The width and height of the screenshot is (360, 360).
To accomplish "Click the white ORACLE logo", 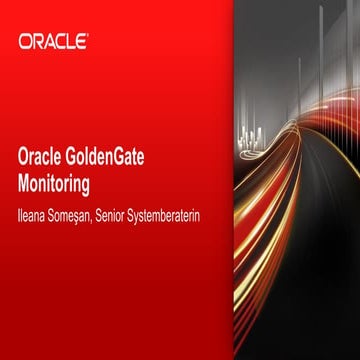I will coord(53,42).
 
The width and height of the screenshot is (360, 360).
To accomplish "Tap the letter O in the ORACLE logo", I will coord(25,42).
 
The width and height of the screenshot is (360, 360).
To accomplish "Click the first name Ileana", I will coord(36,212).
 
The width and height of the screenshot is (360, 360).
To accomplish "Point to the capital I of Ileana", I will coord(21,212).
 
